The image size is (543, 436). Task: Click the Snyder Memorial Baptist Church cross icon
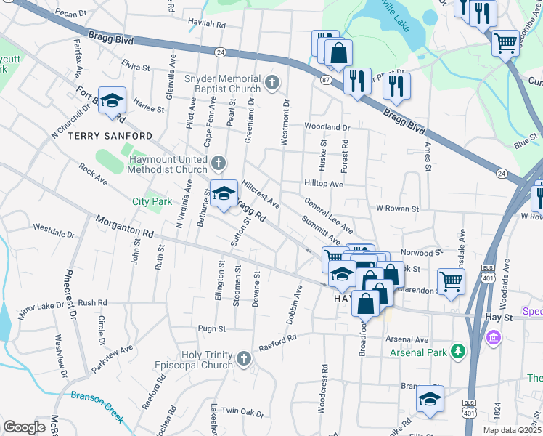(272, 84)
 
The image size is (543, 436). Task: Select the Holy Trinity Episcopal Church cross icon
(243, 358)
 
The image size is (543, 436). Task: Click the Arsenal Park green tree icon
(458, 351)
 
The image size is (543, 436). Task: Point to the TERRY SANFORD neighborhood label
(110, 136)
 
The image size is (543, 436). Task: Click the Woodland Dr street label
(327, 127)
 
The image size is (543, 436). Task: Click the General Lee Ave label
(329, 215)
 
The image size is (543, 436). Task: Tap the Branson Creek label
(97, 404)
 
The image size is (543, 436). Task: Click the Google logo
(24, 427)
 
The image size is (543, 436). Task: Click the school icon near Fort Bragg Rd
(112, 100)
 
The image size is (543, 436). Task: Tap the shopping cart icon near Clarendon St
(451, 280)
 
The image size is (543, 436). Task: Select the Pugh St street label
(212, 329)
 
